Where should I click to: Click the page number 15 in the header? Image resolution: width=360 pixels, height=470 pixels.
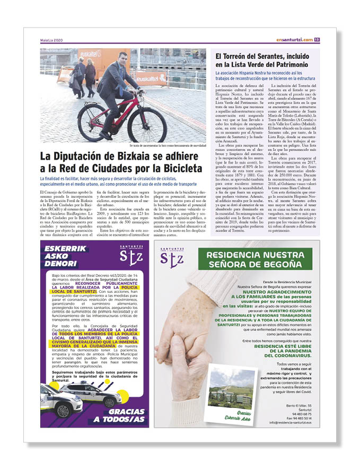coord(317,39)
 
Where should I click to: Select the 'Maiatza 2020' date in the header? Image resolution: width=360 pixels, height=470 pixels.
coord(51,40)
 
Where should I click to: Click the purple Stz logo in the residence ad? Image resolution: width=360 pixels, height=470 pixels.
coord(172,258)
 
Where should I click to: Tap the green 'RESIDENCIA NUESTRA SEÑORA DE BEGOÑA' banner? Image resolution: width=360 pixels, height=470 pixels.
coord(254,258)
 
